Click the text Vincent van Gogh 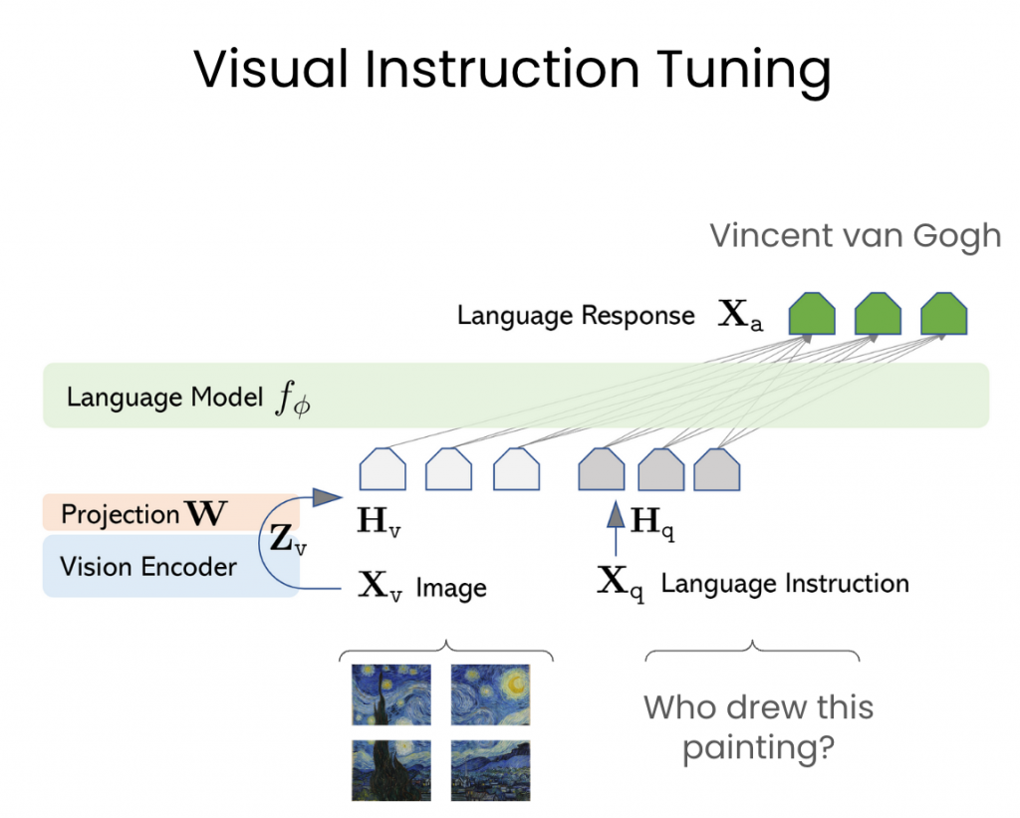[855, 236]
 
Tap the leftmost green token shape [812, 314]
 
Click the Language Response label [576, 316]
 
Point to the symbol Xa [741, 316]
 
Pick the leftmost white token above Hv [382, 469]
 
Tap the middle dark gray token [660, 469]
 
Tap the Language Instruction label [784, 584]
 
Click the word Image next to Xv [451, 588]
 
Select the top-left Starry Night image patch [390, 693]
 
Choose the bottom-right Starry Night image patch [489, 770]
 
